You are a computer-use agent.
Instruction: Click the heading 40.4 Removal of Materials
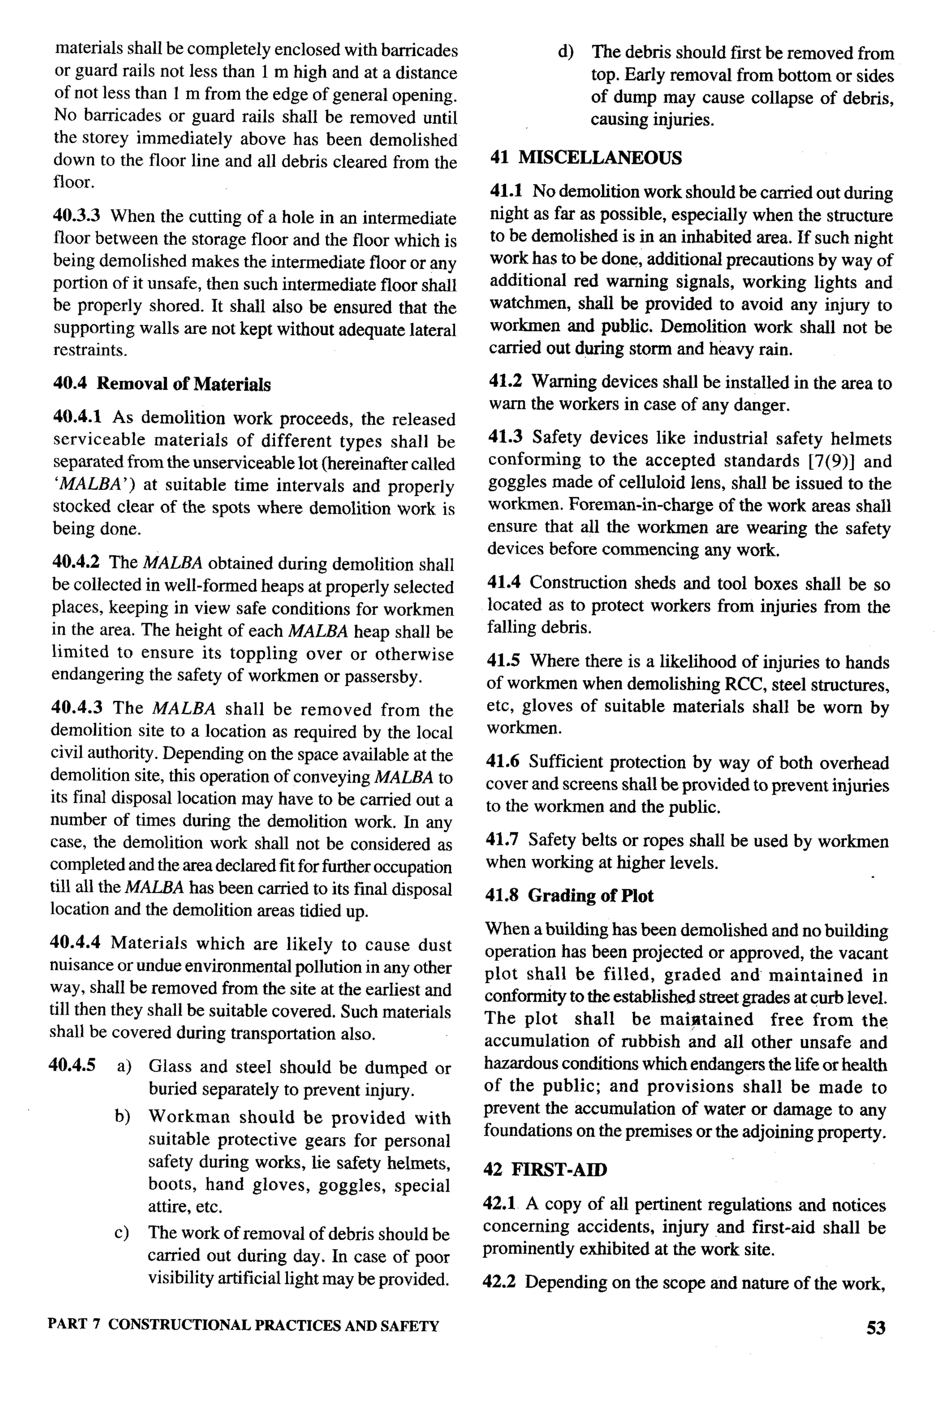tap(162, 384)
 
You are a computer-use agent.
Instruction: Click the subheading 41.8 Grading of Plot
tap(569, 896)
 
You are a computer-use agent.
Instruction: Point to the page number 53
tap(876, 1328)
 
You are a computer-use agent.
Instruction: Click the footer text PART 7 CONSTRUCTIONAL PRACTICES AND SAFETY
tap(243, 1325)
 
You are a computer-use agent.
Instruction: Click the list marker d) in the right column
tap(565, 53)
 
